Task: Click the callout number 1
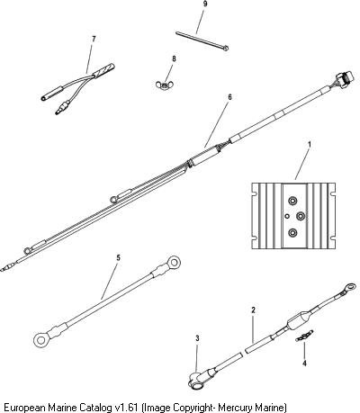[310, 145]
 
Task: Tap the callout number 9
[205, 4]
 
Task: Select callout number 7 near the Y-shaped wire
[94, 40]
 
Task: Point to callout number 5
[118, 258]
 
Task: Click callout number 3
[197, 338]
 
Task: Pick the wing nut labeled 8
[165, 85]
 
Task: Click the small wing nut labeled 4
[304, 335]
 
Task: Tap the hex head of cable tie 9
[226, 48]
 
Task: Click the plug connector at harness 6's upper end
[345, 80]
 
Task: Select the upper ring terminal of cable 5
[173, 263]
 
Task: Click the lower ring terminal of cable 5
[40, 340]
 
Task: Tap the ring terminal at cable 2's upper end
[349, 287]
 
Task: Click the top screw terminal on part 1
[292, 200]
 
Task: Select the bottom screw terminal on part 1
[292, 232]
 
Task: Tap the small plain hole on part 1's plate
[287, 216]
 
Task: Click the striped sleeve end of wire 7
[104, 70]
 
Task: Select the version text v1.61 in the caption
[127, 408]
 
